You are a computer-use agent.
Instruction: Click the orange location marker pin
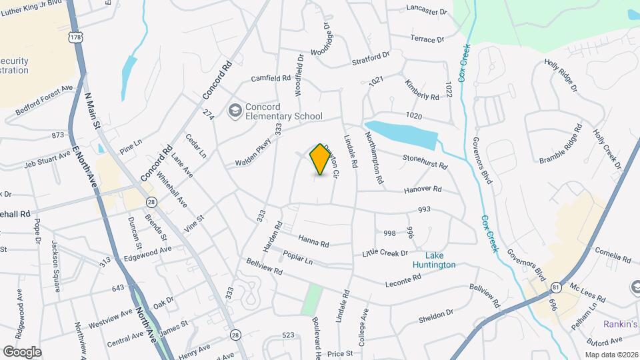(321, 159)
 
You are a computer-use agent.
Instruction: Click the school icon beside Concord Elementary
(235, 110)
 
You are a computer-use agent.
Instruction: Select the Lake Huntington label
(440, 260)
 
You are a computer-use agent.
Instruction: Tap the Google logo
(22, 351)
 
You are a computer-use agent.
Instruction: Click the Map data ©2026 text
(611, 355)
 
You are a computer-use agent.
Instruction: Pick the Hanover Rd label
(423, 190)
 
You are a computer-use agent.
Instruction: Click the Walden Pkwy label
(255, 153)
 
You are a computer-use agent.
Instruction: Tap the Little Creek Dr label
(385, 253)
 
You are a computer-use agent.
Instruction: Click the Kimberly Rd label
(422, 90)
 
